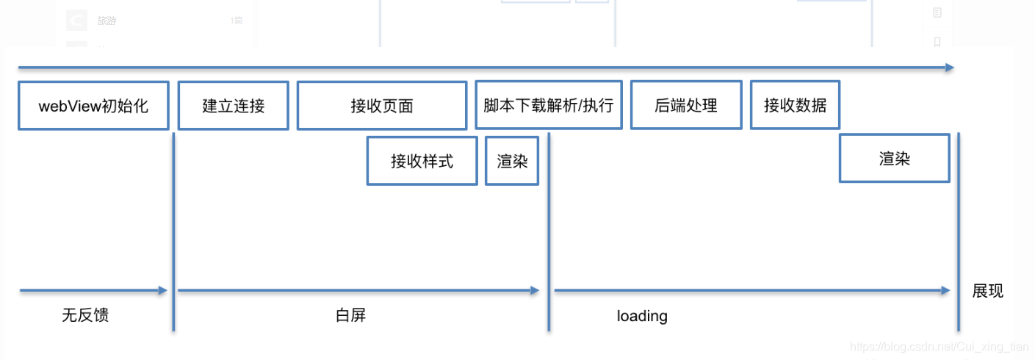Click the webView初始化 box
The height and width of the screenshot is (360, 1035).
[x=93, y=106]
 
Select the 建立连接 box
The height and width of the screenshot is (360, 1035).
[x=234, y=106]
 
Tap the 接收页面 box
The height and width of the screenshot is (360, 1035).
[x=382, y=106]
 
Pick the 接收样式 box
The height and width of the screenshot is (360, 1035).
[x=422, y=161]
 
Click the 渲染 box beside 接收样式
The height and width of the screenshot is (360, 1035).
[x=512, y=161]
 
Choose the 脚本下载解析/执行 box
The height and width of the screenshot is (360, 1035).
[x=549, y=105]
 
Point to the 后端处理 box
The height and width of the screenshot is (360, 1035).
[x=686, y=105]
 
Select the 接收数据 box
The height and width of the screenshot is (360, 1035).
[x=795, y=105]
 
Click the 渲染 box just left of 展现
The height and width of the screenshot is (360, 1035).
[x=894, y=158]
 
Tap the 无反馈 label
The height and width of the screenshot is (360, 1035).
[x=85, y=316]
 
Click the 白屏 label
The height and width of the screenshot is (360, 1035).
[x=350, y=316]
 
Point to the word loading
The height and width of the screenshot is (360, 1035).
[x=642, y=316]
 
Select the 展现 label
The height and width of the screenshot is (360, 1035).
[x=988, y=291]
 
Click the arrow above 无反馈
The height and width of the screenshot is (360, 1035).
[x=93, y=291]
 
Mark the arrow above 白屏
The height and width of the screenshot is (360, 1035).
[x=358, y=291]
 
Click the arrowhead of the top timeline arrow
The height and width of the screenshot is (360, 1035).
[x=950, y=68]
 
